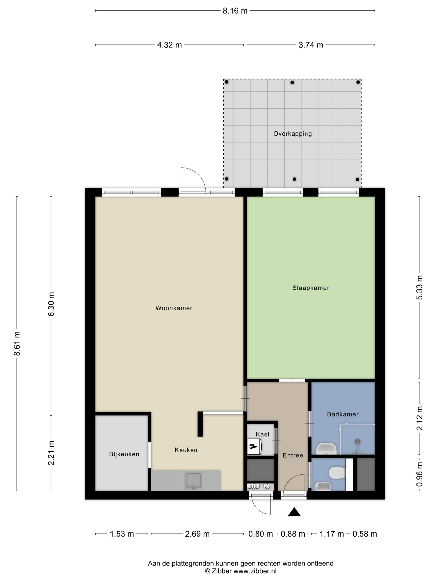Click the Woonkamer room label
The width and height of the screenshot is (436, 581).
point(174,308)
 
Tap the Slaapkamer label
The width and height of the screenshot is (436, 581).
point(311,288)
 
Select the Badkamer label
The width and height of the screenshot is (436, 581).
point(342,414)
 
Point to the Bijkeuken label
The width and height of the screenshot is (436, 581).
point(124,454)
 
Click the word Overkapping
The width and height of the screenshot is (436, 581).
point(292,134)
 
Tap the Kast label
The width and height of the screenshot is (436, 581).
point(262,434)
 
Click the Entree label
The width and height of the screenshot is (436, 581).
point(293,455)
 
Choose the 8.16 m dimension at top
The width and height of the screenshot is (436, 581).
point(235,11)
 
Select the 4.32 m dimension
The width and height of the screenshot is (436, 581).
point(169,45)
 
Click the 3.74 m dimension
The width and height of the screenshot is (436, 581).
point(311,45)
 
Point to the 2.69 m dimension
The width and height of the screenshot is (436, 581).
point(197,534)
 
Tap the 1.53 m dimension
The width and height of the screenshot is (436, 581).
point(122,534)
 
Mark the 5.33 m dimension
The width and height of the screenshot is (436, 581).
point(420,287)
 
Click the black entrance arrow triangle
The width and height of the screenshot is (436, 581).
point(294,512)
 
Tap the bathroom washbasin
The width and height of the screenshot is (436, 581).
point(326,449)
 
